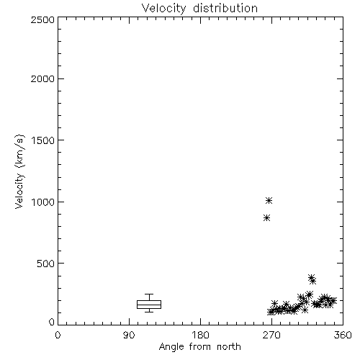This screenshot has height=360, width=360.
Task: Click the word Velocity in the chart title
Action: click(164, 9)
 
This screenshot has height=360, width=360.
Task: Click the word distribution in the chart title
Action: click(225, 8)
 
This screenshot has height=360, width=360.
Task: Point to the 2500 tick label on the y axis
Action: click(42, 19)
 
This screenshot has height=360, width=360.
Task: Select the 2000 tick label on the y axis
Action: click(42, 78)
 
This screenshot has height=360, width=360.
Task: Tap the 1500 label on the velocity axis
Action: click(43, 140)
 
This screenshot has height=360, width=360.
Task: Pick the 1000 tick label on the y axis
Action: click(43, 202)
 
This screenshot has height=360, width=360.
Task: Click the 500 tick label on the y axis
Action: click(46, 264)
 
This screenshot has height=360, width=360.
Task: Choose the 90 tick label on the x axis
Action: click(129, 335)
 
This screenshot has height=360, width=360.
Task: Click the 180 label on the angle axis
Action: click(200, 335)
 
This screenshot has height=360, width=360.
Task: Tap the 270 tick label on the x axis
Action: click(271, 335)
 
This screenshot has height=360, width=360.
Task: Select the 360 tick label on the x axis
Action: click(343, 335)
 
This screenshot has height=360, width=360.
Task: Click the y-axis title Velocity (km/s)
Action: click(19, 171)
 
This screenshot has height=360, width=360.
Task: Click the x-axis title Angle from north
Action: click(199, 347)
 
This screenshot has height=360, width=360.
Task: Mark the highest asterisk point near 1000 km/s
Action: click(269, 200)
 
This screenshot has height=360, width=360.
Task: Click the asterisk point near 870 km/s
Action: click(266, 218)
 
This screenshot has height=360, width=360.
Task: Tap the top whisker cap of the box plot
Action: click(149, 294)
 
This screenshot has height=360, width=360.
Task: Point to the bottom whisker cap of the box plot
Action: click(149, 312)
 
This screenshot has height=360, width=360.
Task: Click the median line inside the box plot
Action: click(149, 305)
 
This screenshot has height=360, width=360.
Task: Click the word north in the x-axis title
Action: click(228, 347)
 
